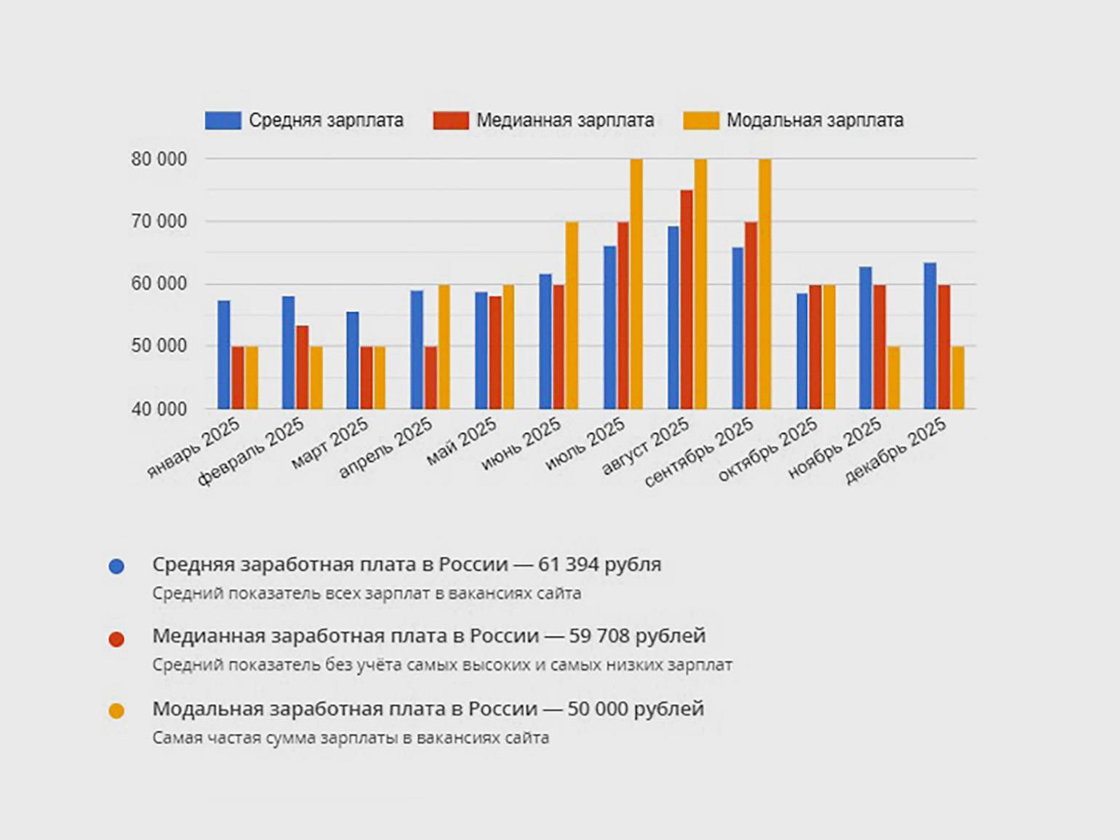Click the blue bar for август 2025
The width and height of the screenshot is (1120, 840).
[x=673, y=318]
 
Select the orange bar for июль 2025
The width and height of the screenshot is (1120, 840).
[x=636, y=284]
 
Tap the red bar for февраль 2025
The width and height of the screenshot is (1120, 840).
[x=303, y=367]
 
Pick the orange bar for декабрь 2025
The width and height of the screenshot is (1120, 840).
[x=959, y=377]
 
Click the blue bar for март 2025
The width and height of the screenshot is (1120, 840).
[x=353, y=361]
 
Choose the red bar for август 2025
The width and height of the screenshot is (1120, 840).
[x=687, y=300]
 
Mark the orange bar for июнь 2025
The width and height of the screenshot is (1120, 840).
[x=572, y=316]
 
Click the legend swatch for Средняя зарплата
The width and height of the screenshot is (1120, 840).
[x=223, y=121]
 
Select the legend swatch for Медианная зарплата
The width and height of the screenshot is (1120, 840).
[x=451, y=121]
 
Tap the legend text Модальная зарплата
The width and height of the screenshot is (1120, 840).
[x=815, y=121]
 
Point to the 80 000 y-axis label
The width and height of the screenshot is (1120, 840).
[x=159, y=159]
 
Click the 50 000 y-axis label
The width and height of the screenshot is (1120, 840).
[x=159, y=347]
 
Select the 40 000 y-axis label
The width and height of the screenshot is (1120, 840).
[x=159, y=409]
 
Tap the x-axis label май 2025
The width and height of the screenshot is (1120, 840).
[x=463, y=442]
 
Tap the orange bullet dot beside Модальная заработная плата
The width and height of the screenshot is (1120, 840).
[x=116, y=711]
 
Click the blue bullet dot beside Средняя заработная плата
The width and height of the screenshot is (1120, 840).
[x=116, y=567]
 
